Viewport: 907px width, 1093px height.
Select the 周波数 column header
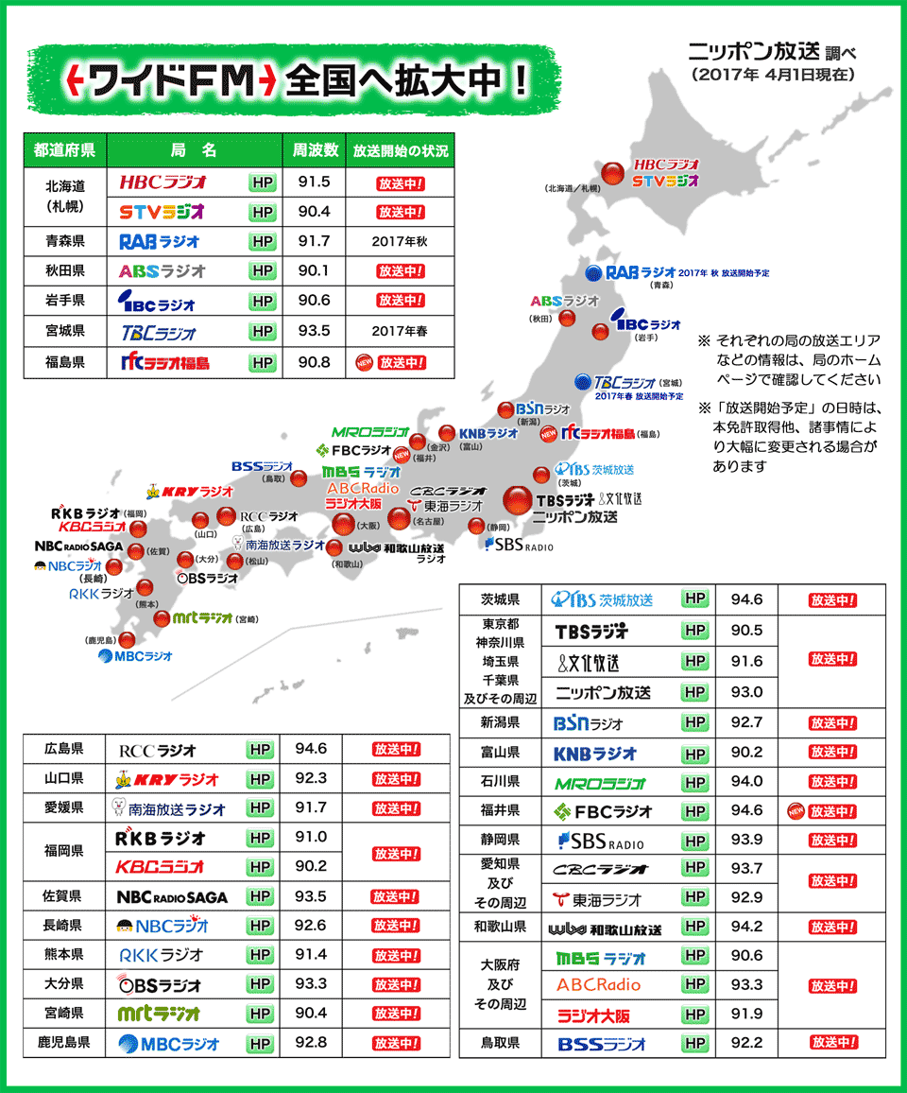(x=316, y=149)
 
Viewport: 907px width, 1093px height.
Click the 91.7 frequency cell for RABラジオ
(x=314, y=242)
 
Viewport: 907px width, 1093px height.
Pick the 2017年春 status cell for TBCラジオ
(x=399, y=332)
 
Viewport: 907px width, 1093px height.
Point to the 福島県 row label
(x=65, y=361)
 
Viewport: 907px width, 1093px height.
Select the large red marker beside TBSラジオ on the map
(x=517, y=500)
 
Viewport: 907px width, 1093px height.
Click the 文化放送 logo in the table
(x=601, y=661)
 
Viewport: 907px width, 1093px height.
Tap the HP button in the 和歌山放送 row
(x=695, y=927)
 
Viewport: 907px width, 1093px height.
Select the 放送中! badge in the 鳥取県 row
(x=832, y=1043)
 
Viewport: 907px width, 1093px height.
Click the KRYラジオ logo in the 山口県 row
(x=166, y=780)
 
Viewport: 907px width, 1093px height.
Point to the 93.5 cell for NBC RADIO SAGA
(x=311, y=896)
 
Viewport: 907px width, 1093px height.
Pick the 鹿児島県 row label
(x=66, y=1043)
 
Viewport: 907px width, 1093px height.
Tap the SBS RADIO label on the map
(x=519, y=546)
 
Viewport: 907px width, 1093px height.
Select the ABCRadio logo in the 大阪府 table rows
(x=598, y=985)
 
